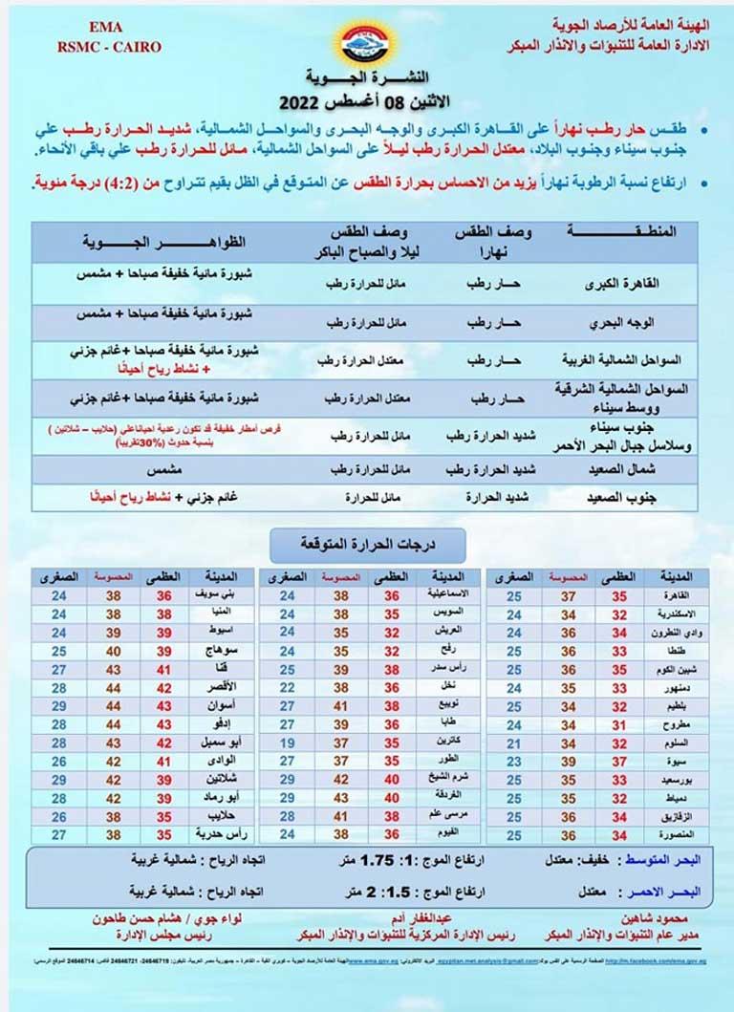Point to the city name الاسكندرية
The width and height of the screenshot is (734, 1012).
[675, 614]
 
